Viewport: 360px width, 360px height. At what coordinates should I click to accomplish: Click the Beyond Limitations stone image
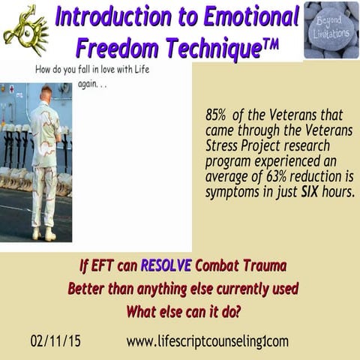pos(331,29)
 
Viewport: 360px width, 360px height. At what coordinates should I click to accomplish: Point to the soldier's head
pos(46,94)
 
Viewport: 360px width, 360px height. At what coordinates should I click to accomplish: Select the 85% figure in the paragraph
pos(217,117)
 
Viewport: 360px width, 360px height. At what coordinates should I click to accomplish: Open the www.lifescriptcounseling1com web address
pos(206,340)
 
